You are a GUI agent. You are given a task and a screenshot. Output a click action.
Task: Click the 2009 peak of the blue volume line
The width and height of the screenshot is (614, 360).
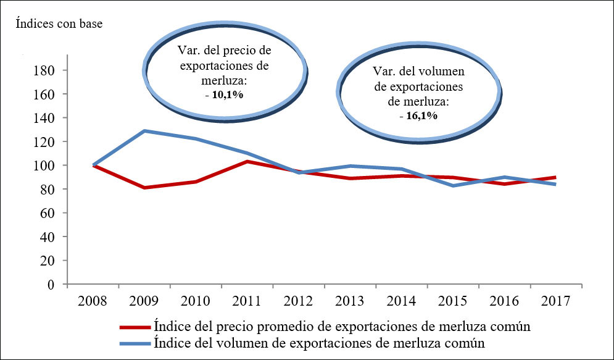click(x=144, y=131)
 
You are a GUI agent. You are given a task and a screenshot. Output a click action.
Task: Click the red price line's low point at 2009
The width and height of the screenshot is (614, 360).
click(x=144, y=187)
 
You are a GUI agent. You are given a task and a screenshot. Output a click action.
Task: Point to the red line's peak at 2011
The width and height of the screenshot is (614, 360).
click(x=247, y=161)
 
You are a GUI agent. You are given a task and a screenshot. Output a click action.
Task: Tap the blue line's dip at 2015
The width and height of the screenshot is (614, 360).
click(x=453, y=185)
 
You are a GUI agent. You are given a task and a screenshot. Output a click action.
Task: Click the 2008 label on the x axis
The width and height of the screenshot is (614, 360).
click(x=93, y=302)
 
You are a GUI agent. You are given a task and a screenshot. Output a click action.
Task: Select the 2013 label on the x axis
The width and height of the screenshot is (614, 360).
click(x=350, y=302)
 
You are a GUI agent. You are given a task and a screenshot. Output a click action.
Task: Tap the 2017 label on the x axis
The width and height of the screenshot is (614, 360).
click(x=555, y=302)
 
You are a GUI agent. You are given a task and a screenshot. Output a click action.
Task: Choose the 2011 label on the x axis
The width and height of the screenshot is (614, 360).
click(x=247, y=302)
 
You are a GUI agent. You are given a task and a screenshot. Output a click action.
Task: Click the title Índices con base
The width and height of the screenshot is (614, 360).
click(x=59, y=24)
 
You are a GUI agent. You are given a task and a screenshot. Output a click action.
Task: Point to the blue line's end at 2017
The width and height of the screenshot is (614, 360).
click(x=555, y=184)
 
